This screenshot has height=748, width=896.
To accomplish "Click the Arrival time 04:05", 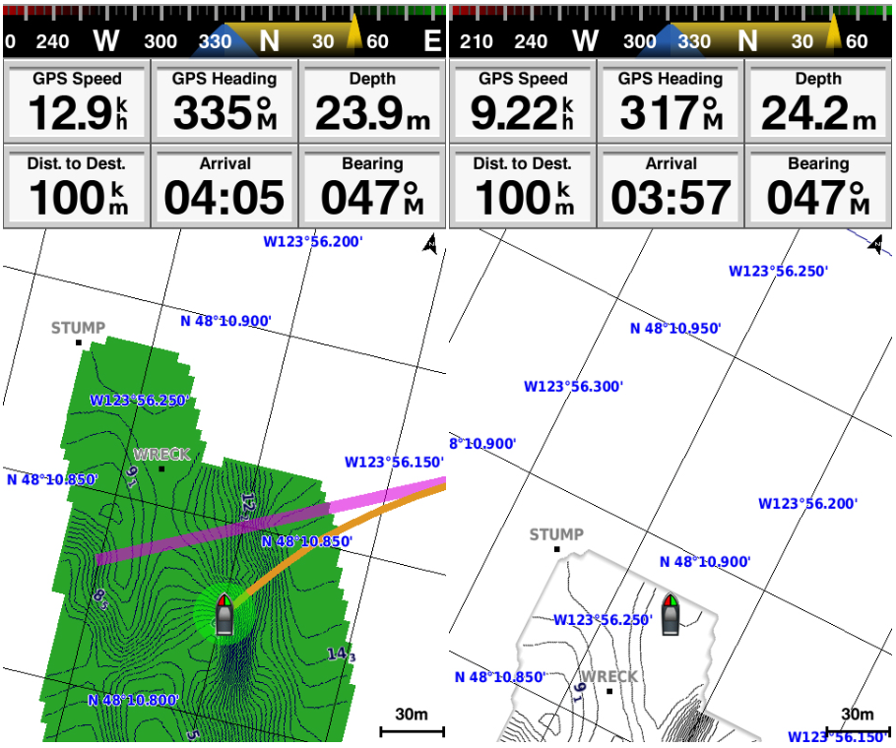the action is coord(224,198).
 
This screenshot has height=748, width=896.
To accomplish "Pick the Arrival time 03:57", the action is coord(671,198).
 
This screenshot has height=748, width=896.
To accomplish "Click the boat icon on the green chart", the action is coord(224,614).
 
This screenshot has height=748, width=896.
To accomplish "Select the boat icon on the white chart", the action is coord(671,613).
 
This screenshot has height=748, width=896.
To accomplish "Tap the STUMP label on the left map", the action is coord(78,328).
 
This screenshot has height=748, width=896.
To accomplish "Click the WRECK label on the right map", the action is coord(609,677).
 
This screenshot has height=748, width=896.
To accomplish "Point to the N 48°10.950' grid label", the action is coord(675,328).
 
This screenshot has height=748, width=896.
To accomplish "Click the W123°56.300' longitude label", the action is coord(573,387).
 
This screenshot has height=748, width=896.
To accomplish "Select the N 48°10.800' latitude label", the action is coord(133,701).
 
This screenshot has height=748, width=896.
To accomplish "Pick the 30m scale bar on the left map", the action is coord(412,729).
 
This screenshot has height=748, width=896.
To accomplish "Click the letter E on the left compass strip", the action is coord(431,41).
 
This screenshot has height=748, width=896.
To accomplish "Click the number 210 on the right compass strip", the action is coord(477,41).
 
